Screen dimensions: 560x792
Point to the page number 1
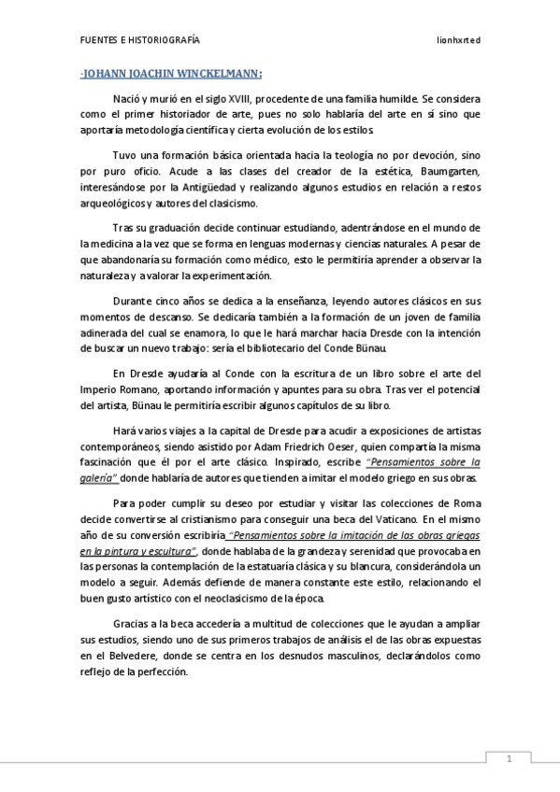click(x=509, y=758)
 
